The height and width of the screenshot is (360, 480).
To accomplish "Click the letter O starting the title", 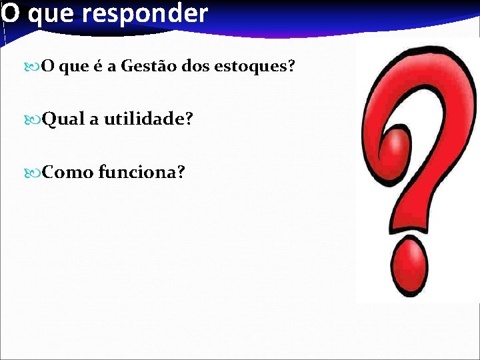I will point(11,13).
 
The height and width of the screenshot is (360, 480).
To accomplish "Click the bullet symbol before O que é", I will point(35,67).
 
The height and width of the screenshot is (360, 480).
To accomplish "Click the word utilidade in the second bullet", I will point(143,119).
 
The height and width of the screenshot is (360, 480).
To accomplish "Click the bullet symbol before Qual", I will point(35,119).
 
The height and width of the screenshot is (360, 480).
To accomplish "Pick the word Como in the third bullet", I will point(67,173).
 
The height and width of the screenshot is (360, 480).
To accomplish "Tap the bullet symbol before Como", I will point(35,173).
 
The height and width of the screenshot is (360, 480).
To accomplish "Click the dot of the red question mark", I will point(407,266).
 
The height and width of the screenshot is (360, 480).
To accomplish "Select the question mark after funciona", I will point(181,173).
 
